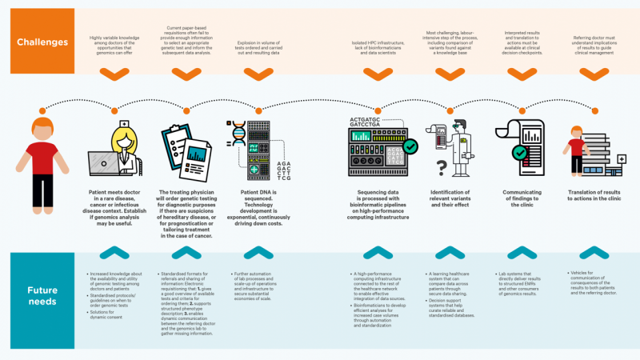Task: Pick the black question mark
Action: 440,167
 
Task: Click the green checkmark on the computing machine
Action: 410,146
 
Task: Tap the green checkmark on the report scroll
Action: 519,152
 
